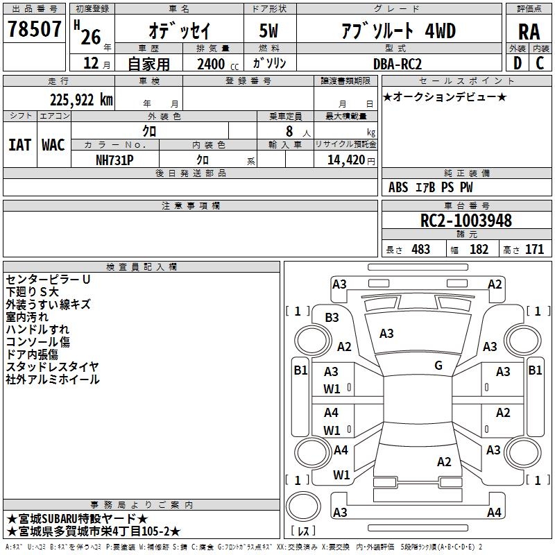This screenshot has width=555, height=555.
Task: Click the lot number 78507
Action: tap(34, 29)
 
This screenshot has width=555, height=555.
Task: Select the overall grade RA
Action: tap(529, 32)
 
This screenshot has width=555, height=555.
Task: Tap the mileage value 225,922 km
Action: tap(81, 100)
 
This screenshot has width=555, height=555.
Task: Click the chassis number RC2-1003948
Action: tap(466, 221)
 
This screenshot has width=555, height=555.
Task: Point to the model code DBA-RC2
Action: tap(397, 64)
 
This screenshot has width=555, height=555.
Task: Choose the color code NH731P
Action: tap(114, 160)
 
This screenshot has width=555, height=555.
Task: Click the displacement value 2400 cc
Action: tap(218, 65)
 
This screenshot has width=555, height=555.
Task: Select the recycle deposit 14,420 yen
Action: tap(351, 160)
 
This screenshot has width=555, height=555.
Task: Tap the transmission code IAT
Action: tap(19, 145)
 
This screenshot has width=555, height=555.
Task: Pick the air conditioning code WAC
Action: tap(53, 145)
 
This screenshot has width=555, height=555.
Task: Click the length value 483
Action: tap(421, 250)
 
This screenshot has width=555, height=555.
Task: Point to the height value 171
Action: tap(534, 250)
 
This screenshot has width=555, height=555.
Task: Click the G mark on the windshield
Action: tap(438, 366)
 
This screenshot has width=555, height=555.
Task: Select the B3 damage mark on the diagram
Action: tap(332, 318)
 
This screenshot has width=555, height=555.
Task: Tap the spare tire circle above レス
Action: tap(303, 506)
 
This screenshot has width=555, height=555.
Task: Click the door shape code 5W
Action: tap(268, 31)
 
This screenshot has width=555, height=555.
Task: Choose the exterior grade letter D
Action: tap(518, 63)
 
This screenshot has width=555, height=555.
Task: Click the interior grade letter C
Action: tap(540, 63)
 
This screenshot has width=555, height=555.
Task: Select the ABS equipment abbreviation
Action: tap(398, 187)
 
